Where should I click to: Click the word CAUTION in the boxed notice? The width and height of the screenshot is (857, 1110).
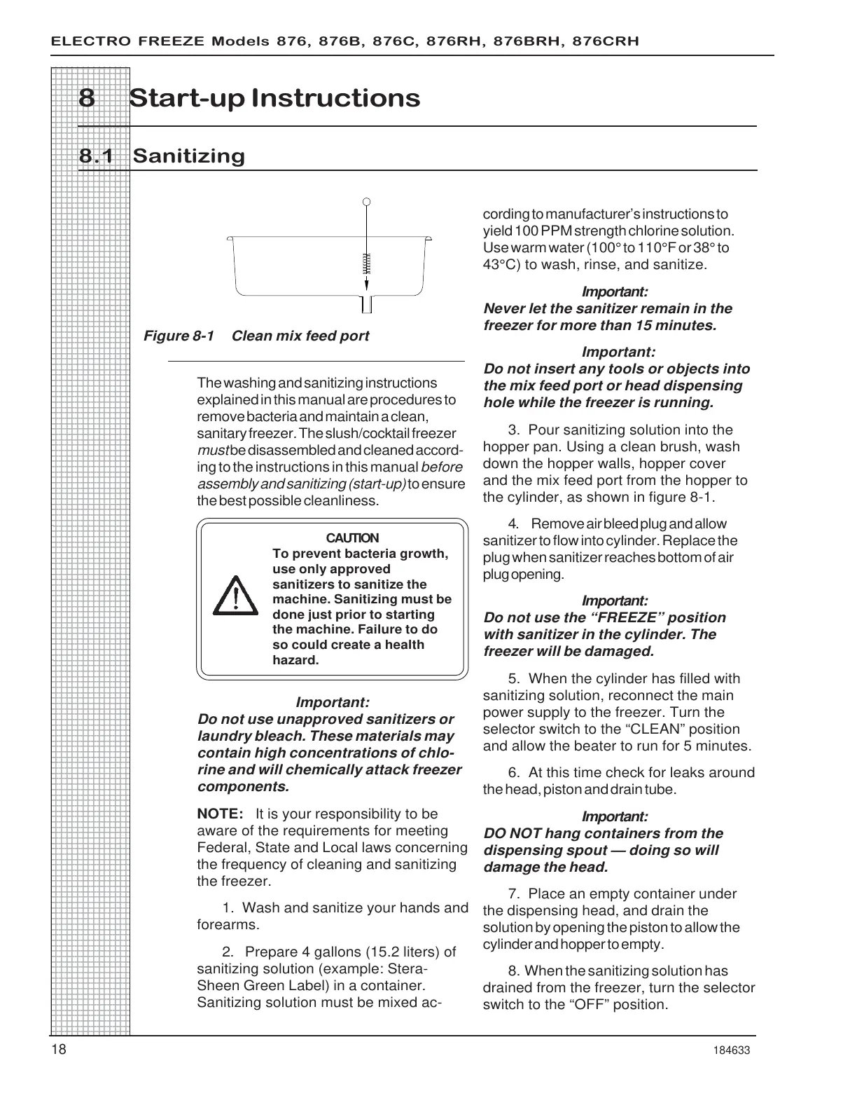[x=353, y=538]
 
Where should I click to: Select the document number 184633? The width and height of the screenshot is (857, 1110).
[x=733, y=1050]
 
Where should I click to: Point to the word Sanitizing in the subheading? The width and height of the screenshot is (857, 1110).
[x=189, y=156]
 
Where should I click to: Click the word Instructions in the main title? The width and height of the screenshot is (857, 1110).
[x=335, y=98]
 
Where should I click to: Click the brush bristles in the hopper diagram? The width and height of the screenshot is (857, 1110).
[x=366, y=262]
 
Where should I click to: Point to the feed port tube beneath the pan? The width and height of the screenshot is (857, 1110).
[x=366, y=304]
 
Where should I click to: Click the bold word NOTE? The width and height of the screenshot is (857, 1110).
[x=220, y=814]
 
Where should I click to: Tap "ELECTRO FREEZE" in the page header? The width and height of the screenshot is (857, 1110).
[x=128, y=41]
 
